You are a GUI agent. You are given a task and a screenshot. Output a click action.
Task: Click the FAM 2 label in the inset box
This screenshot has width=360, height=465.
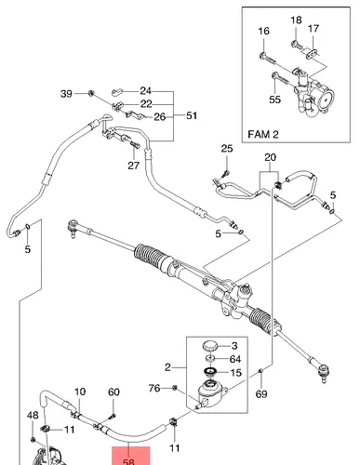pyautogui.click(x=263, y=134)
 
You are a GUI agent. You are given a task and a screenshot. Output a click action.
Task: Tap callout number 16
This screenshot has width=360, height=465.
pyautogui.click(x=263, y=31)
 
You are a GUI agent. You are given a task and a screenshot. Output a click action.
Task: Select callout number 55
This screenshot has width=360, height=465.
pyautogui.click(x=274, y=100)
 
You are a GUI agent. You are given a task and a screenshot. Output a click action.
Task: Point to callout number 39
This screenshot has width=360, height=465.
pyautogui.click(x=66, y=94)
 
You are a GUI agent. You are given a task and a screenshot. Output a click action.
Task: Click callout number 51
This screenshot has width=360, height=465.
pyautogui.click(x=192, y=115)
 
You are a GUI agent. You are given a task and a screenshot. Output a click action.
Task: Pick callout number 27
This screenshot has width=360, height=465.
pyautogui.click(x=134, y=166)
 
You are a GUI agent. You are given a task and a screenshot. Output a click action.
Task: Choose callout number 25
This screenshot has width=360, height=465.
pyautogui.click(x=227, y=149)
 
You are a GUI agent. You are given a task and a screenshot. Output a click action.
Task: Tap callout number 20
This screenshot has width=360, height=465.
pyautogui.click(x=270, y=157)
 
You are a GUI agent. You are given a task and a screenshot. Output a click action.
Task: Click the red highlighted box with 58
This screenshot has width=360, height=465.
pyautogui.click(x=131, y=456)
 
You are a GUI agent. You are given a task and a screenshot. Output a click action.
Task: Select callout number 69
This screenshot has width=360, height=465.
pyautogui.click(x=261, y=394)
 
